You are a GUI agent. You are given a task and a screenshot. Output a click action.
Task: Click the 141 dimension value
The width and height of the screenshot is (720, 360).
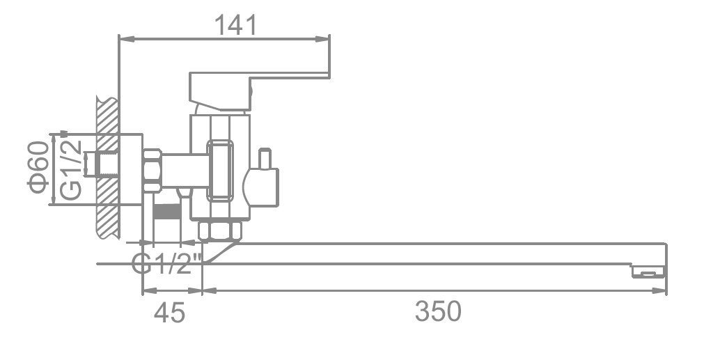(x=235, y=25)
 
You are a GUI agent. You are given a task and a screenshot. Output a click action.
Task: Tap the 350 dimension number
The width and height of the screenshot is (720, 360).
(x=438, y=311)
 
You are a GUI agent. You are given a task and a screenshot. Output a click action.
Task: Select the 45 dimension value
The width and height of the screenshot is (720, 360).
(x=169, y=313)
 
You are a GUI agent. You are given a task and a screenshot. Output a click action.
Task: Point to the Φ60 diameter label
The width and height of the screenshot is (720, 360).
(x=38, y=167)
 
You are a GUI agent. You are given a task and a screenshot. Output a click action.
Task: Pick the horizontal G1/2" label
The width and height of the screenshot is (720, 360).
(x=167, y=264)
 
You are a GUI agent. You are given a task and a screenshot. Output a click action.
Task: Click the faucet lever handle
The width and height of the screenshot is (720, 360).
(x=260, y=91)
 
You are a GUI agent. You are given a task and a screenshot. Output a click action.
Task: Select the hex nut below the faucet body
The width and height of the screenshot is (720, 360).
(x=221, y=230)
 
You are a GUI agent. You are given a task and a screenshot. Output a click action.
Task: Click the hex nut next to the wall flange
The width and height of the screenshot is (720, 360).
(x=152, y=170)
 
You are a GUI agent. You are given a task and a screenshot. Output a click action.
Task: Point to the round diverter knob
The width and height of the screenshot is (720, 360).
(x=261, y=187)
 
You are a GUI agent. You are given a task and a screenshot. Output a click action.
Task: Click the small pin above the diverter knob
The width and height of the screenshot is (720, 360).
(x=265, y=158)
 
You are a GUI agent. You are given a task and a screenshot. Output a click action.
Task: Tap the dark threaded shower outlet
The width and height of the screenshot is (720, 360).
(x=166, y=212)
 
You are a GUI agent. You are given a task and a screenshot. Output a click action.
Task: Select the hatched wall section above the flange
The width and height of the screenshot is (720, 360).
(x=108, y=116)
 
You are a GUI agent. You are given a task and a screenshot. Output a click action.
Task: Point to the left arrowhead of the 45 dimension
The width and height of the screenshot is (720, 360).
(x=150, y=290)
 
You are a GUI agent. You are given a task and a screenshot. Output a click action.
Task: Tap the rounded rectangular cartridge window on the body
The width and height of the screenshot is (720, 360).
(x=220, y=171)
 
